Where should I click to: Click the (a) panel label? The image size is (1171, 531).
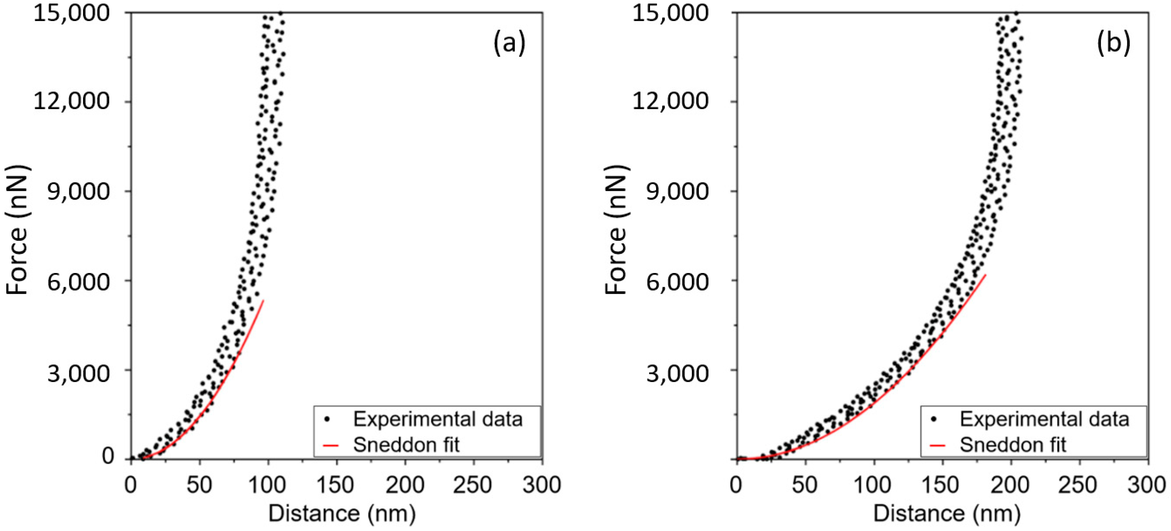509,44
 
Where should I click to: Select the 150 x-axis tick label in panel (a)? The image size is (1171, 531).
336,485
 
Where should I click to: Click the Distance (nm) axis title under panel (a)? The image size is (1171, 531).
342,514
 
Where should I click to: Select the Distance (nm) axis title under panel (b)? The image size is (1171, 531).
947,514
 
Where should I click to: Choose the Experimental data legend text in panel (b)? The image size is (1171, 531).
1044,419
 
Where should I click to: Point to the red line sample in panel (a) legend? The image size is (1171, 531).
331,445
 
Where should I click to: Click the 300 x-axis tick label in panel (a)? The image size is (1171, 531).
541,485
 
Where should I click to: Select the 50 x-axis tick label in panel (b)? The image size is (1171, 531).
805,485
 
